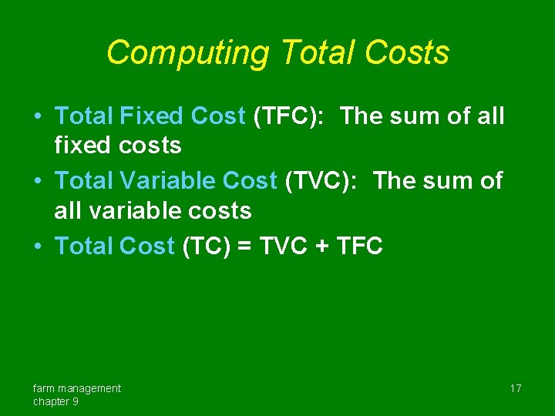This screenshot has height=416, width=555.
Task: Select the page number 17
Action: pos(516,388)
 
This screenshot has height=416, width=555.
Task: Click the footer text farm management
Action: pos(77,388)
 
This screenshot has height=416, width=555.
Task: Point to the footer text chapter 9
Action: pos(55,401)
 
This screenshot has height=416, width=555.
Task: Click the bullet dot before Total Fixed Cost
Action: pos(37,117)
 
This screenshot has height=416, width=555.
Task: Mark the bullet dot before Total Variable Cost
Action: pos(37,182)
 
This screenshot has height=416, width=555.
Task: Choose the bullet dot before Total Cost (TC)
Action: pos(37,247)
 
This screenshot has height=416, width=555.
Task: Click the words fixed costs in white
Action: pos(118,145)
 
